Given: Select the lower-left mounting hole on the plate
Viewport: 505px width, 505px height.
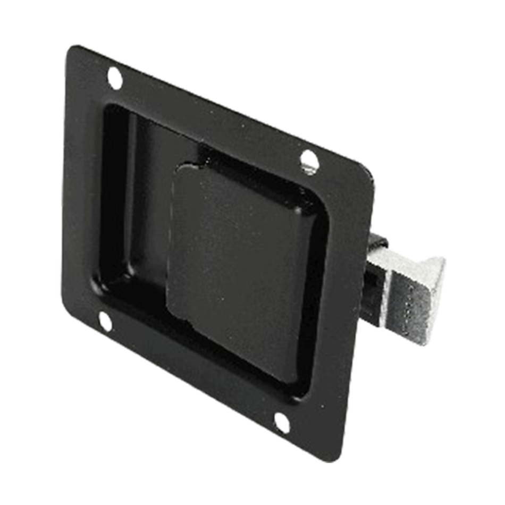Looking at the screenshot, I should point(105,322).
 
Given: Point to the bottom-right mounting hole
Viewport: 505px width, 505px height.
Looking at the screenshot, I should point(280,422).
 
